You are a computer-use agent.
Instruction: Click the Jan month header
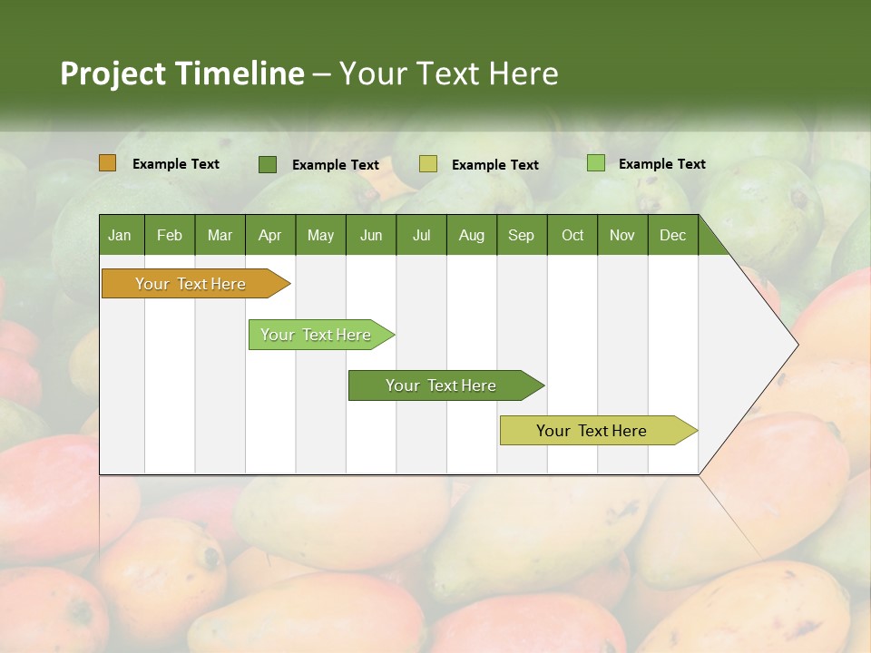pyautogui.click(x=121, y=235)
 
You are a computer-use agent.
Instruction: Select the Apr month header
pyautogui.click(x=270, y=235)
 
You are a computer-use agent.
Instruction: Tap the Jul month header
pyautogui.click(x=421, y=235)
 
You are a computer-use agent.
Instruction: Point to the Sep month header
pyautogui.click(x=521, y=235)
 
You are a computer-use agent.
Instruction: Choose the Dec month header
pyautogui.click(x=672, y=235)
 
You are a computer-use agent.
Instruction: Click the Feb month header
pyautogui.click(x=170, y=235)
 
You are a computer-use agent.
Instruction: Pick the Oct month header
pyautogui.click(x=573, y=235)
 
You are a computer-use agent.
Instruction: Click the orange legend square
pyautogui.click(x=108, y=163)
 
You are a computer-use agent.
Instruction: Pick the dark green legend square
pyautogui.click(x=268, y=164)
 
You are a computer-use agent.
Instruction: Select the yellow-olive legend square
pyautogui.click(x=428, y=164)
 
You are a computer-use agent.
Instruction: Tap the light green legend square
pyautogui.click(x=595, y=163)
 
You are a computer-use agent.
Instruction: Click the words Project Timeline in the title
pyautogui.click(x=181, y=73)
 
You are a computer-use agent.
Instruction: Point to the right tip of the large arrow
pyautogui.click(x=797, y=345)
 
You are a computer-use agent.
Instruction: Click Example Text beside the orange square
pyautogui.click(x=176, y=164)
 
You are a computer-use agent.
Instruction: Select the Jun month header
pyautogui.click(x=371, y=235)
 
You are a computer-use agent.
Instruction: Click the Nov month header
pyautogui.click(x=622, y=235)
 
